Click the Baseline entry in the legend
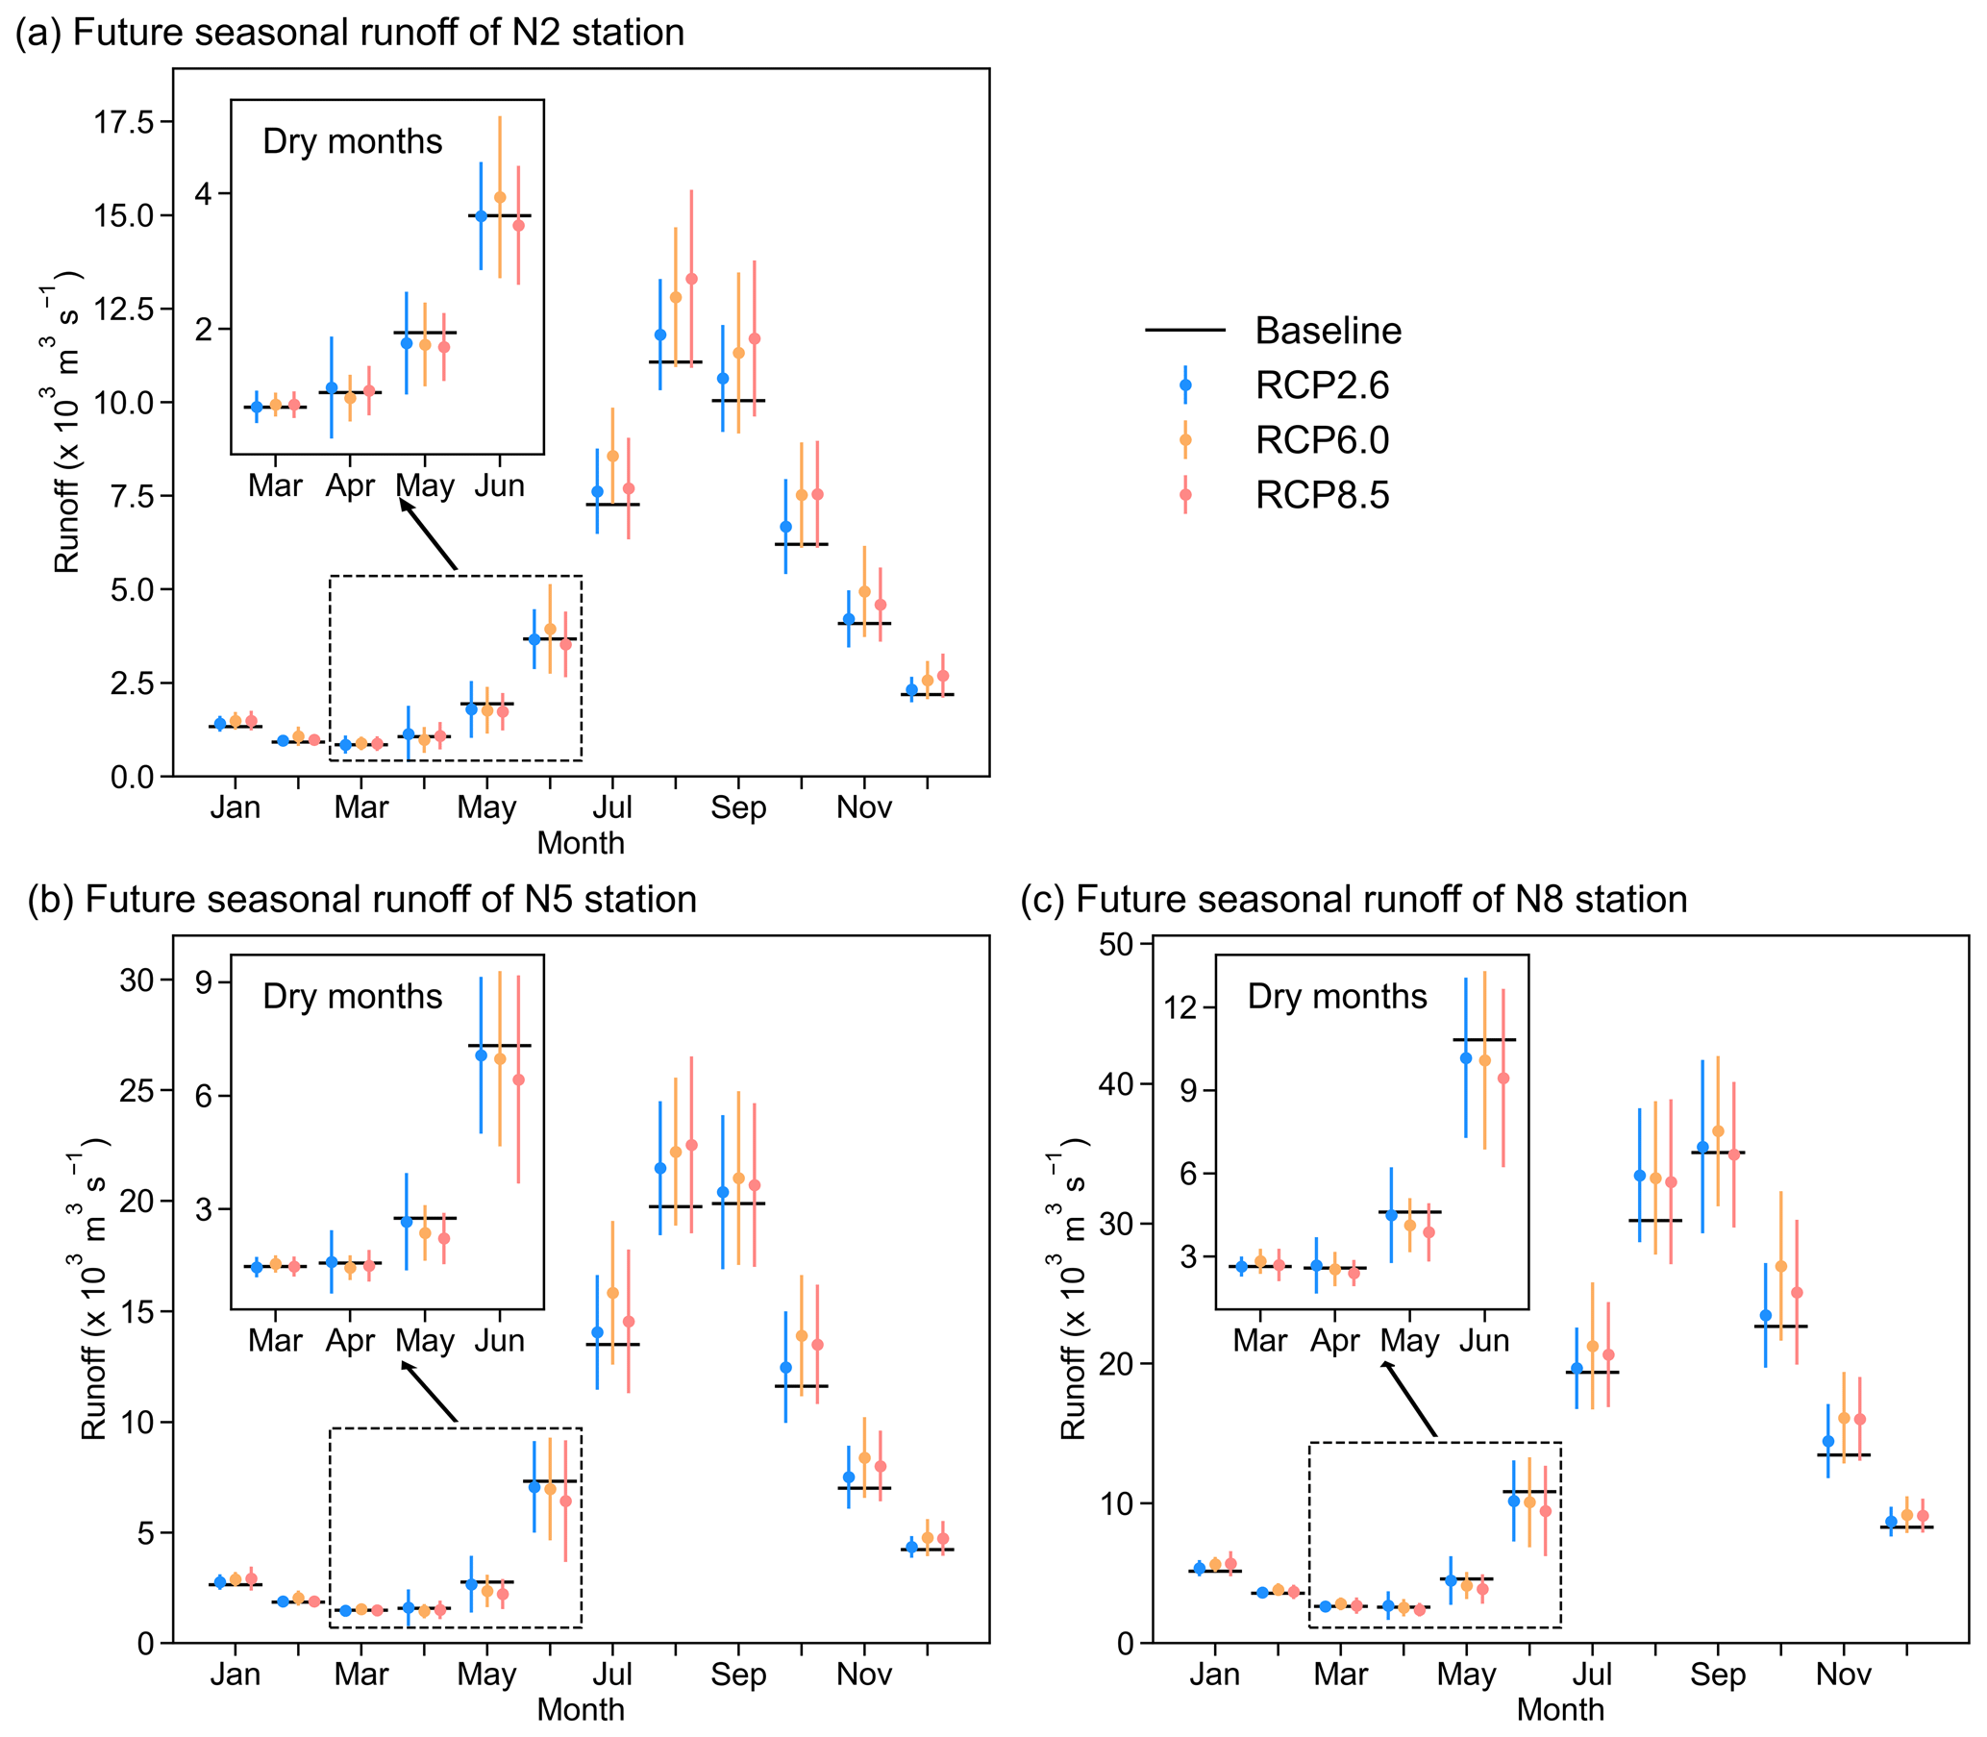[1327, 331]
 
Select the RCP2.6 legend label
[1322, 385]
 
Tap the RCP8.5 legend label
[1322, 495]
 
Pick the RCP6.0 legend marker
[1184, 440]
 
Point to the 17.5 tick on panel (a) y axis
[123, 122]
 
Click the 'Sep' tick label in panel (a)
[737, 807]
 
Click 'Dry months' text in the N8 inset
[1336, 997]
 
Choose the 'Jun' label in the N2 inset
[499, 485]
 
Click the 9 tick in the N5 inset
[203, 981]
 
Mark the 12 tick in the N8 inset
[1181, 1007]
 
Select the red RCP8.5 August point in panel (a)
[691, 279]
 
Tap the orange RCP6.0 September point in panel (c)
[1718, 1131]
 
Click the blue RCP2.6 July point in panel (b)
[597, 1333]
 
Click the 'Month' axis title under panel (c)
[1559, 1709]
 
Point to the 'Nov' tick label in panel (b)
[863, 1674]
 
